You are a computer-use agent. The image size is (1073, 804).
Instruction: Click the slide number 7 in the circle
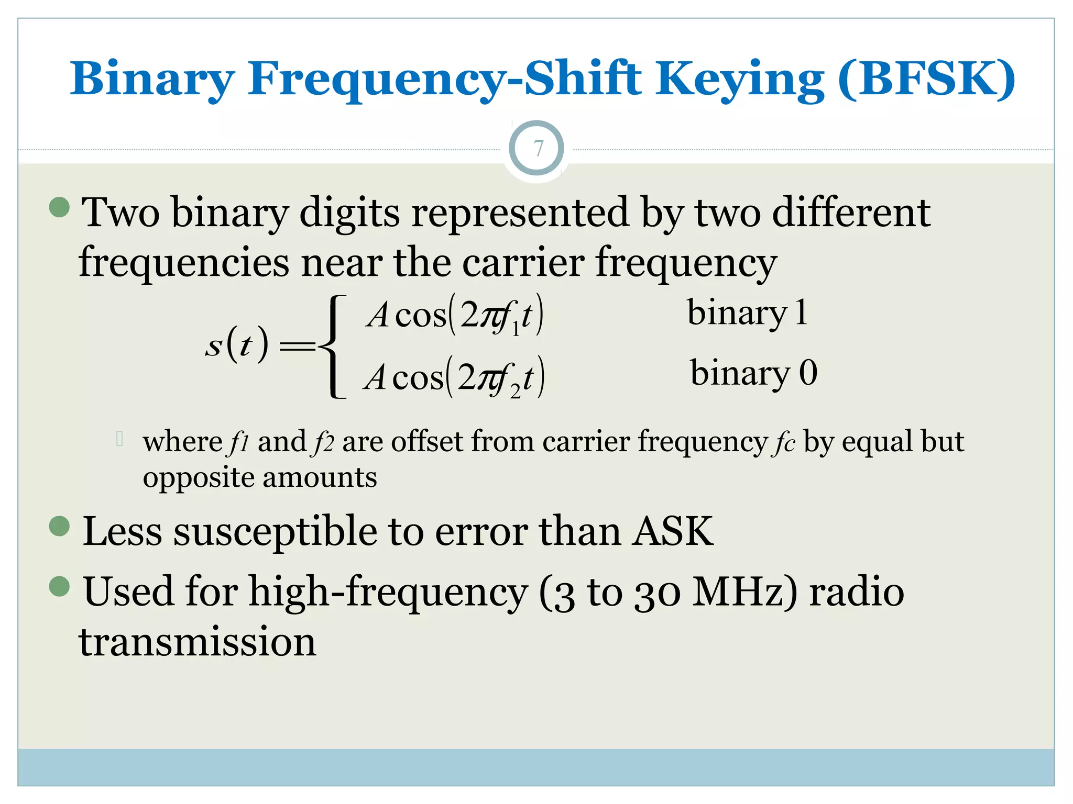tap(537, 149)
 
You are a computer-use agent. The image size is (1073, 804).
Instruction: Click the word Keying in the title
tap(740, 80)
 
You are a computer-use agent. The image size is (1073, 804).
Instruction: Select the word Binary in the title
tap(152, 80)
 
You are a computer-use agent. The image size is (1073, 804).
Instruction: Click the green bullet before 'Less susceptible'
tap(59, 526)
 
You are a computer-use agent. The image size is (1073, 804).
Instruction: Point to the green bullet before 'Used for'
tap(59, 586)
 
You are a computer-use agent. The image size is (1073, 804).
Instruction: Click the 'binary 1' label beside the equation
tap(747, 312)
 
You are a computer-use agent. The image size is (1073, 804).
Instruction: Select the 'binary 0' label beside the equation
tap(753, 373)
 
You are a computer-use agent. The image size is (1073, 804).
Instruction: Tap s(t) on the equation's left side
tap(237, 345)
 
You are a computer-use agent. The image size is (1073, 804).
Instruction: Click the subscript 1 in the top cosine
tap(515, 330)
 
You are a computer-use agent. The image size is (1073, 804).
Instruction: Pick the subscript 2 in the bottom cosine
tap(515, 392)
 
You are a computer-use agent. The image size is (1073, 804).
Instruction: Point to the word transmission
tap(198, 642)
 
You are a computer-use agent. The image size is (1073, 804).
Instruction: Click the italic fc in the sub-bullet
tap(783, 442)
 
